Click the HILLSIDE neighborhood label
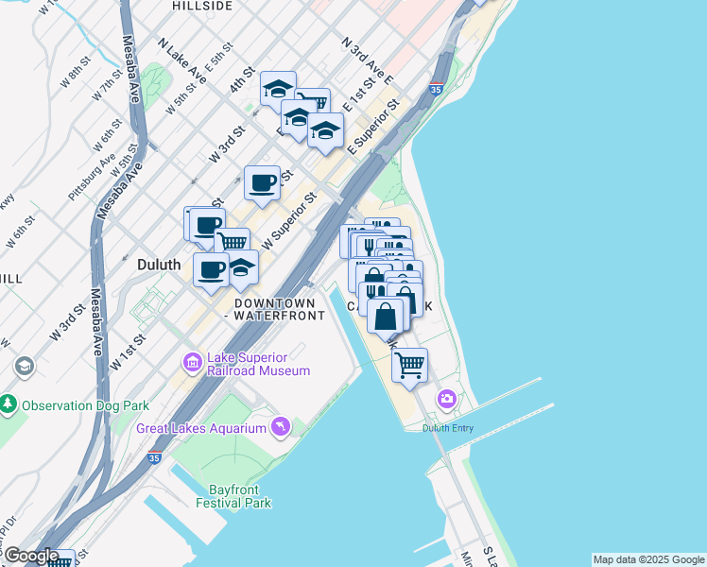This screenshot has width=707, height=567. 202,6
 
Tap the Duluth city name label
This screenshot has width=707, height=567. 159,266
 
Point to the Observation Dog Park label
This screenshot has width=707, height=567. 86,405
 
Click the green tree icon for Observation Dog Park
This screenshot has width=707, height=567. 9,405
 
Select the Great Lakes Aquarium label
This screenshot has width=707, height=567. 200,428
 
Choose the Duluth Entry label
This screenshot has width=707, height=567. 451,427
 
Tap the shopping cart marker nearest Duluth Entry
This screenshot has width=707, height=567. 409,365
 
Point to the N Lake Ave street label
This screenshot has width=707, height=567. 182,61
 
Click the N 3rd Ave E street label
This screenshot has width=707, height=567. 367,61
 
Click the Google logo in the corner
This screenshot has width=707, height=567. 31,556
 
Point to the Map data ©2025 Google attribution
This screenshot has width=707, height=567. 648,559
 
